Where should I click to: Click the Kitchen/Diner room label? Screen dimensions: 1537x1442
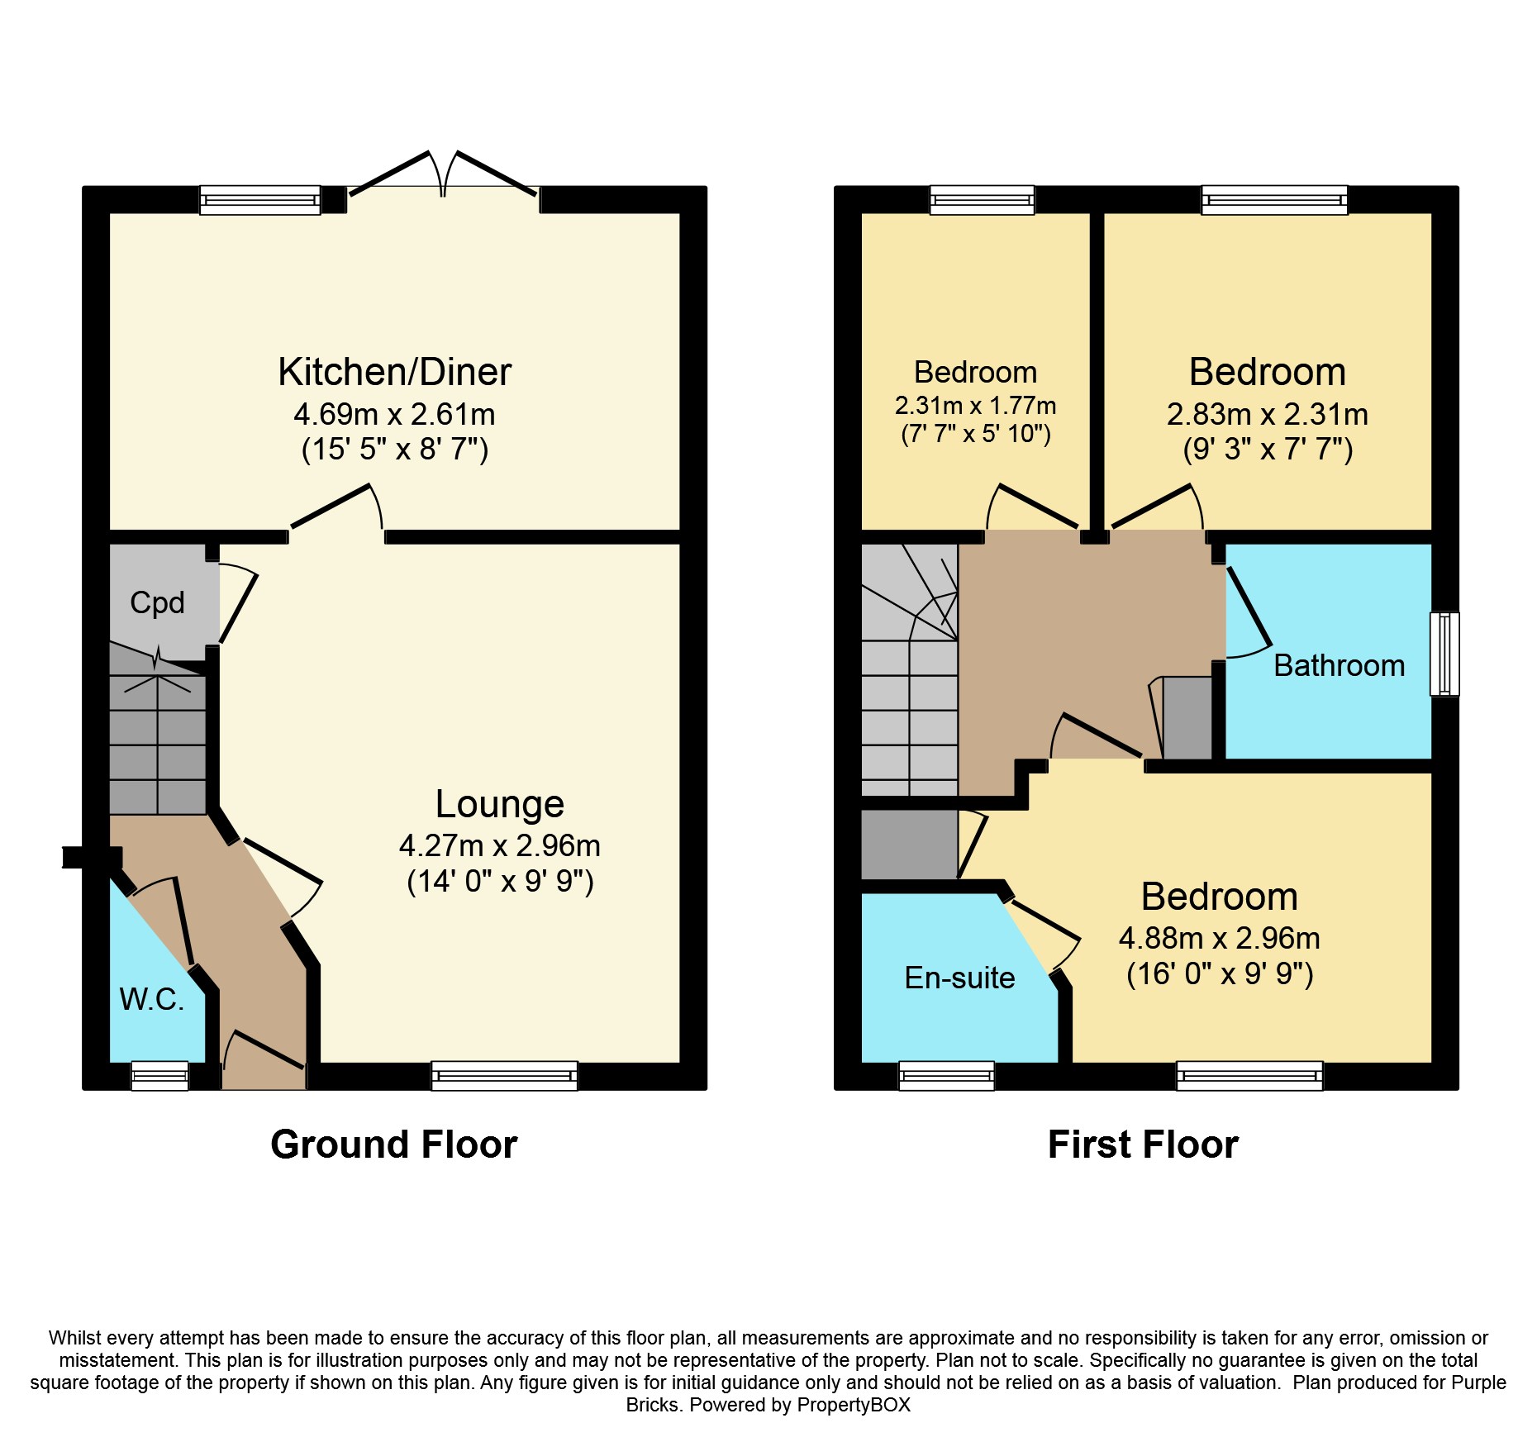[x=394, y=372]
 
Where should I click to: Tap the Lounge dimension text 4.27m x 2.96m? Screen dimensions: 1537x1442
[x=500, y=845]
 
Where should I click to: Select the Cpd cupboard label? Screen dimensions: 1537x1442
[x=157, y=602]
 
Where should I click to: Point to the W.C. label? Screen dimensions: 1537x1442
[x=151, y=999]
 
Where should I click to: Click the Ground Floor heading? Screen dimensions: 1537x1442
[x=394, y=1145]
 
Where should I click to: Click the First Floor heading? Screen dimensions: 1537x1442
[x=1143, y=1145]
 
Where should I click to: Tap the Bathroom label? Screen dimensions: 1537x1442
[x=1340, y=665]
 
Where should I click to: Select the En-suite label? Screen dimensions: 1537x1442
[x=959, y=978]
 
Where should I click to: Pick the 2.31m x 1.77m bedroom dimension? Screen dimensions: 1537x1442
[x=975, y=406]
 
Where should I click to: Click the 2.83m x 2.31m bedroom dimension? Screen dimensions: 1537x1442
[x=1268, y=414]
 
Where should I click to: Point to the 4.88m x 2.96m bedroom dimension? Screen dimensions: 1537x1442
[x=1220, y=938]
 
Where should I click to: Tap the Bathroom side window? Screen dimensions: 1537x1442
[x=1444, y=654]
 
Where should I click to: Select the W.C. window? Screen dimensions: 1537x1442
[x=160, y=1076]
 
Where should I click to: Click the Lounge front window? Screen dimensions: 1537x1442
[x=504, y=1076]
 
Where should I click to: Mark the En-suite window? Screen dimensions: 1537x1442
[x=946, y=1076]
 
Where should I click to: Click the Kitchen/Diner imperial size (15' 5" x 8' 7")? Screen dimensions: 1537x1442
[x=395, y=450]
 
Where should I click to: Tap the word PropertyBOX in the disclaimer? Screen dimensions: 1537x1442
[x=854, y=1405]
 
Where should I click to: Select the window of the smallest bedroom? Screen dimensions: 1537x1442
[x=982, y=200]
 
